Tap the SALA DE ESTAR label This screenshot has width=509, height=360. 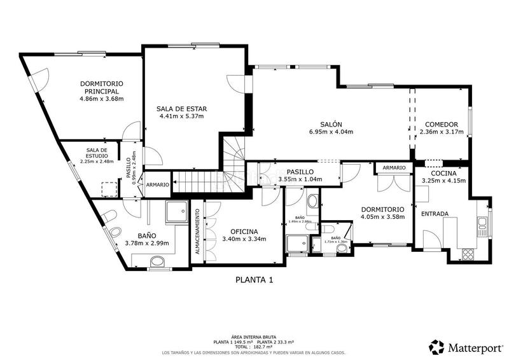[x=181, y=109]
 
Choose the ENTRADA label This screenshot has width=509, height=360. [x=435, y=214]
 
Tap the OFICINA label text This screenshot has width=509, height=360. [x=244, y=231]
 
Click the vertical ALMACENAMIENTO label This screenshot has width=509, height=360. [x=197, y=233]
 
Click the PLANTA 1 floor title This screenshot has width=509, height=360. [x=254, y=279]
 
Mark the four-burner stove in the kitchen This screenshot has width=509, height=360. [x=468, y=253]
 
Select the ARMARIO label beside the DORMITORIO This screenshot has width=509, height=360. [x=394, y=167]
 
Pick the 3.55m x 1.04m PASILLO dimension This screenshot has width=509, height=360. [x=300, y=179]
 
